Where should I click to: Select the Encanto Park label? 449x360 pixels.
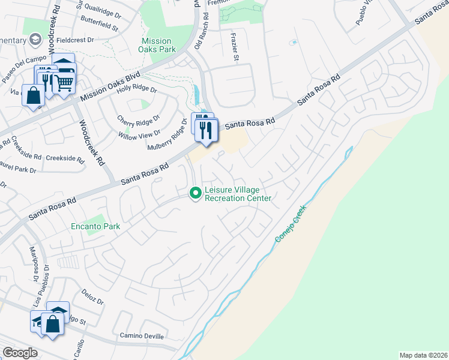[x=95, y=227]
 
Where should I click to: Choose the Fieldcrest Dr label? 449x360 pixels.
[x=76, y=40]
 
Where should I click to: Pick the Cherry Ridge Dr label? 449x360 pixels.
[x=139, y=119]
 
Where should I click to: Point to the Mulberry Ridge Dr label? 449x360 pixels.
[x=168, y=136]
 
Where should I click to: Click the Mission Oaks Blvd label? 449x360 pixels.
[x=110, y=86]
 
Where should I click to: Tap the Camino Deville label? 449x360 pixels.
[x=142, y=336]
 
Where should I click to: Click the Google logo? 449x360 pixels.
[x=19, y=353]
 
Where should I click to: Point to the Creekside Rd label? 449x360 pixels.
[x=65, y=158]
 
